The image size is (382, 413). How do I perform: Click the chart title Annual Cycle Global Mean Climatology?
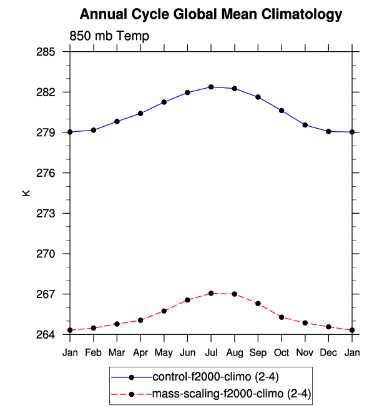coord(212,14)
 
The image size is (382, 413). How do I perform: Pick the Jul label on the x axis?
coord(211,353)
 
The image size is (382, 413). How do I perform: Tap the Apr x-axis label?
coord(140,353)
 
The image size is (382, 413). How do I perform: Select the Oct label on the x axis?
coord(282,353)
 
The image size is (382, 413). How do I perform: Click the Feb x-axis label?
coord(94,353)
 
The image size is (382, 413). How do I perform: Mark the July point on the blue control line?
coord(211,87)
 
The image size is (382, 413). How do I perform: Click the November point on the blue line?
coord(305,125)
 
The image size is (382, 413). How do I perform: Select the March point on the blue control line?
coord(117,121)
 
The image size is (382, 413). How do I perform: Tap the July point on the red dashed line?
coord(211,293)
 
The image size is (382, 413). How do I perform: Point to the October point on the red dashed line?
coord(282,317)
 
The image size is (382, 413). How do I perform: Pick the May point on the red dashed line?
coord(164,311)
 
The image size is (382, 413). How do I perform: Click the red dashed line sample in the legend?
coord(131,394)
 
